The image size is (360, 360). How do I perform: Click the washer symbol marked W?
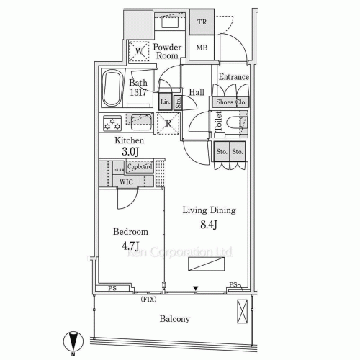[138, 50]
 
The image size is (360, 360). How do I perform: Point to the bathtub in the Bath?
[112, 90]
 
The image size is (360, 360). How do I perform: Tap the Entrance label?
[233, 77]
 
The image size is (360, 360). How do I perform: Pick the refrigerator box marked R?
[167, 122]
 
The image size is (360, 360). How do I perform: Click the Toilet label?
[219, 123]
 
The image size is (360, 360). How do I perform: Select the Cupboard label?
[140, 167]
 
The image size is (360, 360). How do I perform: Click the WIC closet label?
[126, 181]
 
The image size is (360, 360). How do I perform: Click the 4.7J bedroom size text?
[130, 246]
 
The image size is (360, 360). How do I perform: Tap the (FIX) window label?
[149, 297]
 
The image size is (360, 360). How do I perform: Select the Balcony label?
[174, 318]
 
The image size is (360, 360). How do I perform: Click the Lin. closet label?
[165, 102]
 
